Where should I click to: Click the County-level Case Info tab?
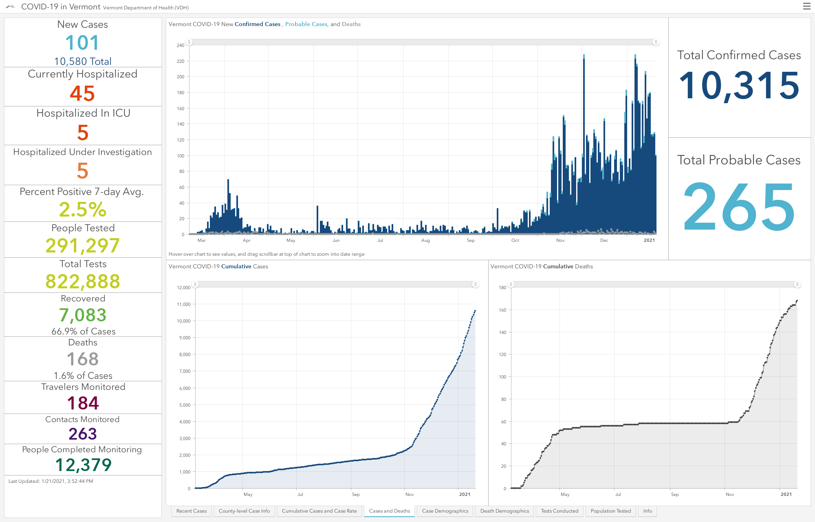[x=244, y=511]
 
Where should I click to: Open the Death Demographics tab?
[x=504, y=511]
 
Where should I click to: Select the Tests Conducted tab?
[x=559, y=511]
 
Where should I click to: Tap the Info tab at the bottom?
[x=648, y=511]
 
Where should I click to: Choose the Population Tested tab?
[x=610, y=511]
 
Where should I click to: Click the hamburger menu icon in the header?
[x=806, y=6]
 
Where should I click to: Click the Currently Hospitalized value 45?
[x=82, y=93]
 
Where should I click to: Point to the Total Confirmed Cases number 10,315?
[x=739, y=85]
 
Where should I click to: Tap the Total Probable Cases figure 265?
[x=739, y=206]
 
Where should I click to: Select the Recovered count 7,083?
[x=83, y=315]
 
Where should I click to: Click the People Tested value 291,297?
[x=82, y=246]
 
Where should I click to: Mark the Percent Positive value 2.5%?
[x=82, y=210]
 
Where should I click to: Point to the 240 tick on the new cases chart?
[x=181, y=45]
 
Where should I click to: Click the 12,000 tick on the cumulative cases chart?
[x=183, y=288]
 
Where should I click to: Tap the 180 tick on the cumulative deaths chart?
[x=502, y=288]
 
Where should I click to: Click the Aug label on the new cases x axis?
[x=425, y=240]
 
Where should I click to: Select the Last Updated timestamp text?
[x=51, y=481]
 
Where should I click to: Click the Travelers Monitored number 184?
[x=83, y=403]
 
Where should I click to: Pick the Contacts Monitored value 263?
[x=83, y=434]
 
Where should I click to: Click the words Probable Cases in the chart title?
[x=306, y=24]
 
